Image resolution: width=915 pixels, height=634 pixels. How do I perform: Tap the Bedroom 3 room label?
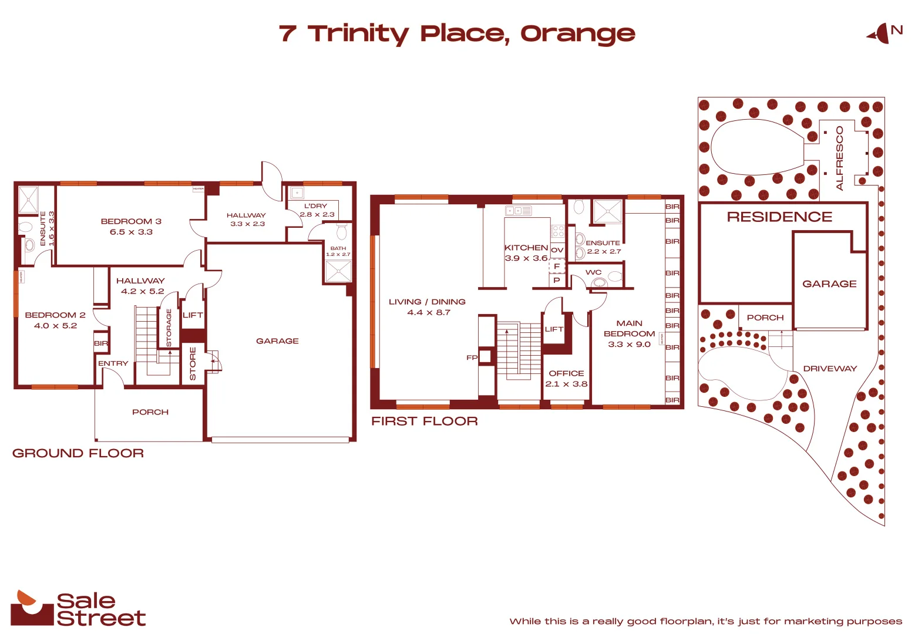[131, 221]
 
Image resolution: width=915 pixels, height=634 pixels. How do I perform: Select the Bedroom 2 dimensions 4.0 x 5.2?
[55, 326]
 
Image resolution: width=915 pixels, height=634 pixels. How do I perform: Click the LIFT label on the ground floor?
[193, 315]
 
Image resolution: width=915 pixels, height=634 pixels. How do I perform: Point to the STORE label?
[193, 363]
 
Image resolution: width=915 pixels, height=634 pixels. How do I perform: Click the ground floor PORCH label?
[150, 412]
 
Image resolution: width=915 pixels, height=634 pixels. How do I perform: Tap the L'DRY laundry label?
[315, 206]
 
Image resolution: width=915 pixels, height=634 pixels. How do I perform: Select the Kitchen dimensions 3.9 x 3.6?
[526, 258]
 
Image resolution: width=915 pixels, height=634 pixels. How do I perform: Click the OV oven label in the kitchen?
[557, 250]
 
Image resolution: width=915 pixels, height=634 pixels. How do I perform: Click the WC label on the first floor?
[594, 272]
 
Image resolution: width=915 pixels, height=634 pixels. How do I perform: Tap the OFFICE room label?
[566, 373]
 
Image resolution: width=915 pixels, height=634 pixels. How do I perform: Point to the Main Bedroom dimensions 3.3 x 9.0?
[629, 345]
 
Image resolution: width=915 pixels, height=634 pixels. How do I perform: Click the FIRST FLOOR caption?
[425, 421]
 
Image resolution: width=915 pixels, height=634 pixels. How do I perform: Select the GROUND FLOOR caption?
[78, 453]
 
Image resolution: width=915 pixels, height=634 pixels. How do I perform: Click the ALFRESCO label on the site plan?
[839, 158]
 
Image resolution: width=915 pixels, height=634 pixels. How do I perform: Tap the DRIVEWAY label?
[830, 369]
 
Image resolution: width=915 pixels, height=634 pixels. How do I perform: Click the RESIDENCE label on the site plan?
[779, 217]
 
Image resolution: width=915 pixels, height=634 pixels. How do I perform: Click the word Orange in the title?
[578, 34]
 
